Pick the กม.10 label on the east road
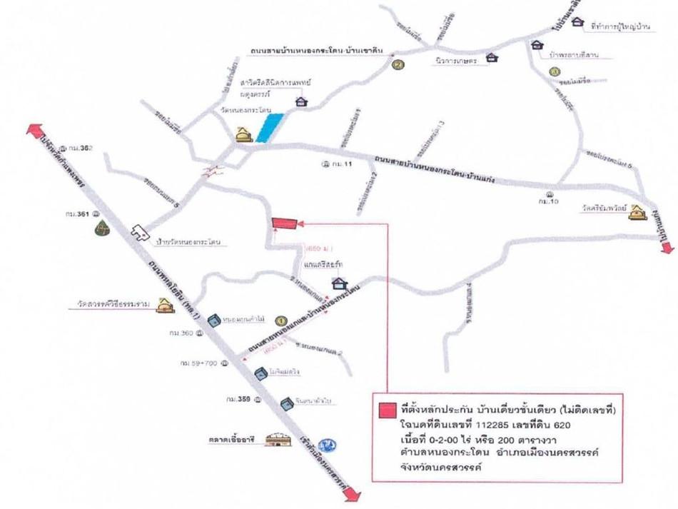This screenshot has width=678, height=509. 549,201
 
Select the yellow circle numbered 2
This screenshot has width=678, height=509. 398,65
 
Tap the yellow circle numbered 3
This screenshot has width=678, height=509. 554,71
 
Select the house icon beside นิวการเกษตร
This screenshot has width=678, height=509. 492,57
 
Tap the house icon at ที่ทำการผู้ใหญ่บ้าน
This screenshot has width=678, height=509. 577,23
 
